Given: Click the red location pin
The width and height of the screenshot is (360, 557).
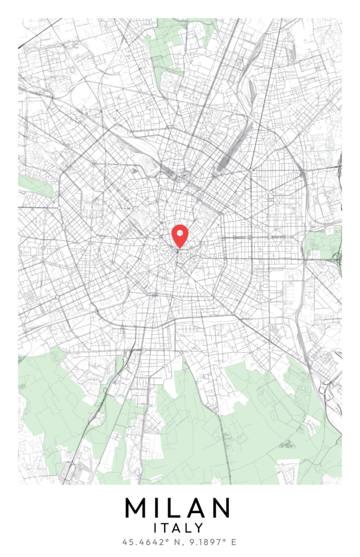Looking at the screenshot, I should [179, 236].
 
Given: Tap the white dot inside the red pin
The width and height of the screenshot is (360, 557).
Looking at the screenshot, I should [179, 233].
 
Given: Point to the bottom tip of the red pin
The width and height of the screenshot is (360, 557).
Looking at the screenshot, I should [179, 249].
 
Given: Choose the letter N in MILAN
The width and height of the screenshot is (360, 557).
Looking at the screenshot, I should [221, 508].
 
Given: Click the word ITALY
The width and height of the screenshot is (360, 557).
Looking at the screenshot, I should [179, 528].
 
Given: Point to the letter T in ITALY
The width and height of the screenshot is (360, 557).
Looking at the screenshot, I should [168, 528].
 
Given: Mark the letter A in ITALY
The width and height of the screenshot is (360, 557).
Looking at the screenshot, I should [178, 528].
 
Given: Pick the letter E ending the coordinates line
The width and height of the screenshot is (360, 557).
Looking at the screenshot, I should [234, 542].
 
